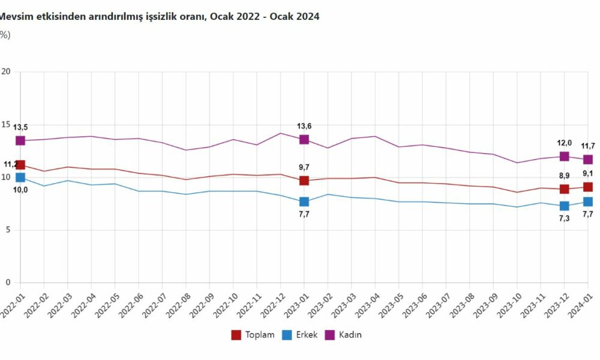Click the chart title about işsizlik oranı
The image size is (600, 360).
pyautogui.click(x=160, y=17)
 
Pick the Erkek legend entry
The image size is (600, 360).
pyautogui.click(x=298, y=334)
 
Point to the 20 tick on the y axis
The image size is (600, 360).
pyautogui.click(x=7, y=72)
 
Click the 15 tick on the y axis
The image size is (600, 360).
pyautogui.click(x=7, y=125)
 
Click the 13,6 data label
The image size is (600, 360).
pyautogui.click(x=304, y=126)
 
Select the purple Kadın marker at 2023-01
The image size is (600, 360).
pyautogui.click(x=304, y=139)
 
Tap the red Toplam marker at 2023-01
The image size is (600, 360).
pyautogui.click(x=304, y=181)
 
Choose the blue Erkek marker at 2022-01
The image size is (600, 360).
pyautogui.click(x=20, y=178)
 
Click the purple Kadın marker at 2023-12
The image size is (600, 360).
pyautogui.click(x=564, y=157)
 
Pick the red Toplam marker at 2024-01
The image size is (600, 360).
pyautogui.click(x=588, y=187)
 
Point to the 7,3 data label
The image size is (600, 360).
pyautogui.click(x=564, y=218)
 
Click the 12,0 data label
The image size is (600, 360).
pyautogui.click(x=564, y=143)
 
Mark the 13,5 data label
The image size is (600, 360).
pyautogui.click(x=20, y=127)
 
